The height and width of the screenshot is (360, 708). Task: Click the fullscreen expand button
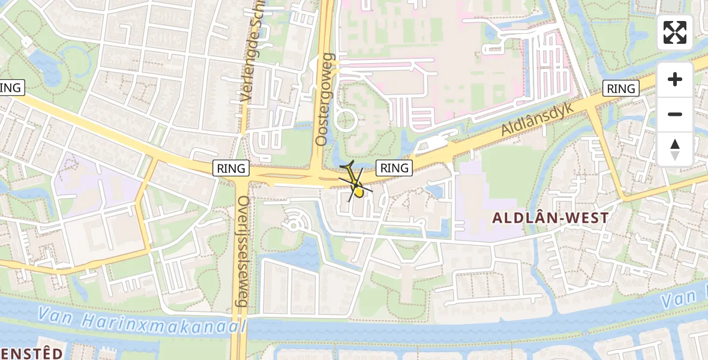point(675,32)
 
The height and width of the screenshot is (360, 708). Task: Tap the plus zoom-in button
point(675,79)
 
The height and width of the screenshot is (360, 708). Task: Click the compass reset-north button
point(675,149)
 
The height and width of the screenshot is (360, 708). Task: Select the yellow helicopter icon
point(355,184)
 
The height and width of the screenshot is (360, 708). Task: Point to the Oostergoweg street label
point(324,99)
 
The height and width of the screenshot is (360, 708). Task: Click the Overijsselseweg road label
point(243,251)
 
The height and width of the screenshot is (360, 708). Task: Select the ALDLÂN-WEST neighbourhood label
point(551,218)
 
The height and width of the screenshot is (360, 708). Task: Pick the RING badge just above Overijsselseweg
point(231,169)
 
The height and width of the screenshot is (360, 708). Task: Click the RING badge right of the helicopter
point(394,168)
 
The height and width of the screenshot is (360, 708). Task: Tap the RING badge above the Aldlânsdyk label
point(621,89)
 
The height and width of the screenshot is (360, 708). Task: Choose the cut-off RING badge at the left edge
point(11,88)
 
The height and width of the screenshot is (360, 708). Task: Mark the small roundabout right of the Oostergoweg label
point(346,121)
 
